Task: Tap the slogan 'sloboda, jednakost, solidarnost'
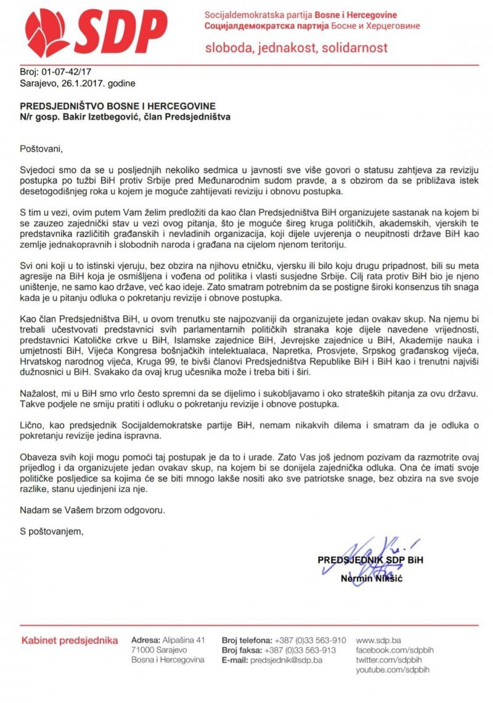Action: coord(296,47)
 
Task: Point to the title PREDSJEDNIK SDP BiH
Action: coord(370,560)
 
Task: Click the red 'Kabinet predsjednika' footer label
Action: coord(70,641)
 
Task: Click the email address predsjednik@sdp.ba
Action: coord(286,660)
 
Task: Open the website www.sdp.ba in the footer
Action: coord(379,640)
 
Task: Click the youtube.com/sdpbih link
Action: coord(393,670)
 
